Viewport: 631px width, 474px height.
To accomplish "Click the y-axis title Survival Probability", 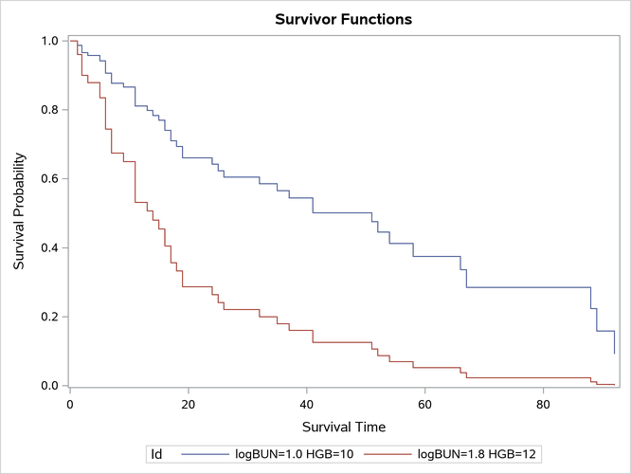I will pyautogui.click(x=19, y=213).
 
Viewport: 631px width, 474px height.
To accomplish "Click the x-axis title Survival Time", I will pyautogui.click(x=343, y=427).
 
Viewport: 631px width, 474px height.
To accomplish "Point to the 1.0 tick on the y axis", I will pyautogui.click(x=48, y=41).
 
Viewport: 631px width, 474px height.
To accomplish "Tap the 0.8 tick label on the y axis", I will pyautogui.click(x=48, y=110).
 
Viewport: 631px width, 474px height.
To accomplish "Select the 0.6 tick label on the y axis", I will pyautogui.click(x=48, y=179).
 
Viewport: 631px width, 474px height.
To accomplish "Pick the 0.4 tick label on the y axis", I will pyautogui.click(x=48, y=248).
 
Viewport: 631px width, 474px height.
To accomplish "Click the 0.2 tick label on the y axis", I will pyautogui.click(x=48, y=317).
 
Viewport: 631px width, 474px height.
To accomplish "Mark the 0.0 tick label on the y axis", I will pyautogui.click(x=48, y=386).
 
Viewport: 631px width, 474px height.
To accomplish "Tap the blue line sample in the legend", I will pyautogui.click(x=205, y=455).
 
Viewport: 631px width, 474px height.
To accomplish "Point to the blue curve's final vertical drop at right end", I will pyautogui.click(x=615, y=342).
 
